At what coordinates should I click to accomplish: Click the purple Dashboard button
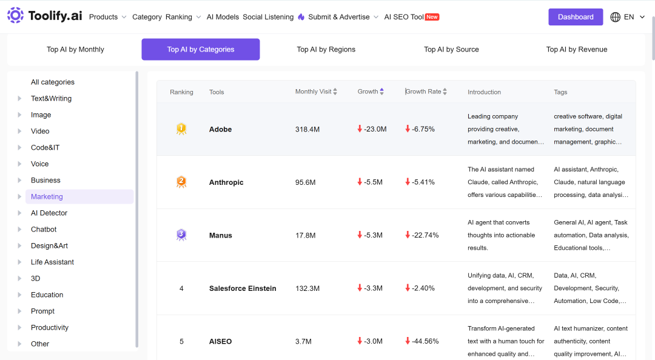(x=575, y=17)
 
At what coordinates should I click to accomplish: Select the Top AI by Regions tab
(x=326, y=49)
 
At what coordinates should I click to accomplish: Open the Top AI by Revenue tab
(x=577, y=49)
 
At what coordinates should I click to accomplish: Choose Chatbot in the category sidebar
(x=44, y=229)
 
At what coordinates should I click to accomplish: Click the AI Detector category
(x=49, y=213)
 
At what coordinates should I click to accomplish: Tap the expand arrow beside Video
(x=19, y=131)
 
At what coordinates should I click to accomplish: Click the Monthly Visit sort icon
(x=335, y=92)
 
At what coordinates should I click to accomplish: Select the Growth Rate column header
(x=423, y=92)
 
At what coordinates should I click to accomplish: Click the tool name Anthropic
(x=226, y=182)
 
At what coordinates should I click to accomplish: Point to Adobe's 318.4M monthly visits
(x=307, y=130)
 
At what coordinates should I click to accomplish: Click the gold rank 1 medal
(x=181, y=128)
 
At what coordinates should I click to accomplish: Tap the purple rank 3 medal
(x=181, y=235)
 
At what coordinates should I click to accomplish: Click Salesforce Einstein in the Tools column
(x=243, y=288)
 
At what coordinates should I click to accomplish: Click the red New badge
(x=432, y=17)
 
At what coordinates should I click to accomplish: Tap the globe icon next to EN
(x=616, y=17)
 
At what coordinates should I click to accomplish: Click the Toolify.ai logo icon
(x=15, y=15)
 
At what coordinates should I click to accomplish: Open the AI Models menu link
(x=223, y=17)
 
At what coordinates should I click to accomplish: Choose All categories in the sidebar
(x=53, y=82)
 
